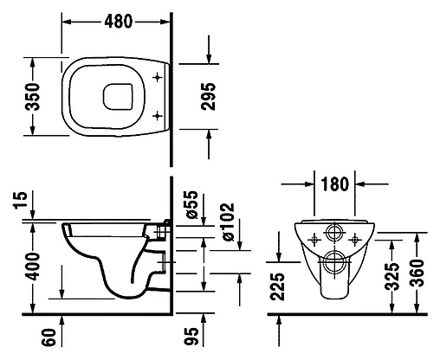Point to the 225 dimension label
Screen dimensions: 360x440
click(x=278, y=286)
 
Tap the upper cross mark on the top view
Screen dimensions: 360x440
click(x=157, y=78)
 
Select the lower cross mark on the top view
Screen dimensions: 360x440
click(x=157, y=115)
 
